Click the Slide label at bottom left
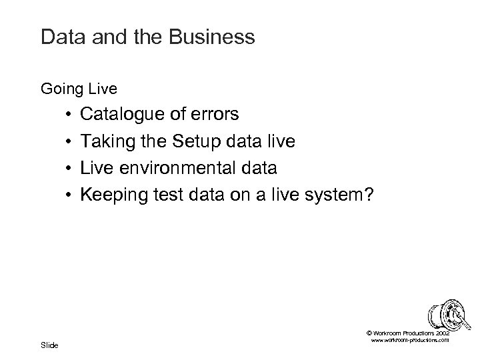tap(49, 345)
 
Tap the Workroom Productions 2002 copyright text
tap(408, 332)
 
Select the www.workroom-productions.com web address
tap(408, 340)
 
